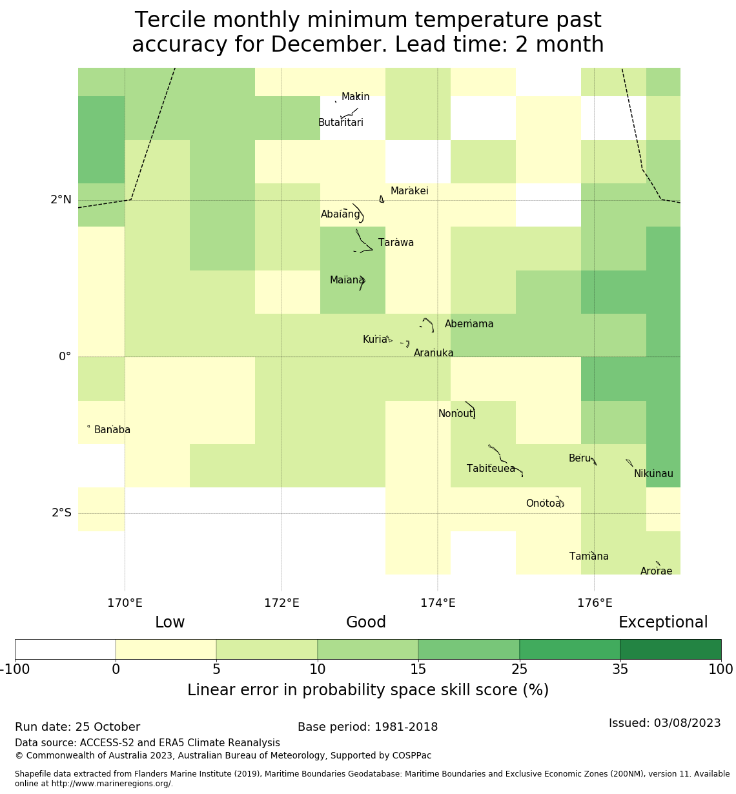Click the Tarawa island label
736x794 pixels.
coord(396,243)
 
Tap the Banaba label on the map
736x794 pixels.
coord(112,430)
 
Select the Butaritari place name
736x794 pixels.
coord(341,123)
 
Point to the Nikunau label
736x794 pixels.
coord(653,474)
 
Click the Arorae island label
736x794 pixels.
coord(656,571)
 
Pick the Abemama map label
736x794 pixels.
coord(469,324)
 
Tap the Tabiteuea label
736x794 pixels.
coord(491,469)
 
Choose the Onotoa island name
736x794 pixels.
coord(543,504)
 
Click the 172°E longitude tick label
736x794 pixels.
coord(281,604)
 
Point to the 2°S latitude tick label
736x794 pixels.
coord(61,513)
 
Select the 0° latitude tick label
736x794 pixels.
coord(65,357)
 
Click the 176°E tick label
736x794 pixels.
coord(594,604)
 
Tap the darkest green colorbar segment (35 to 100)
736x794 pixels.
coord(670,649)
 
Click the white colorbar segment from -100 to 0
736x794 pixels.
coord(65,649)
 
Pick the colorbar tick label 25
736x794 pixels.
coord(519,669)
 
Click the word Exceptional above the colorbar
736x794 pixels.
coord(663,622)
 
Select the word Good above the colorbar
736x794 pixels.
coord(366,622)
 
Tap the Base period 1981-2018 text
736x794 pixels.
coord(367,727)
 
